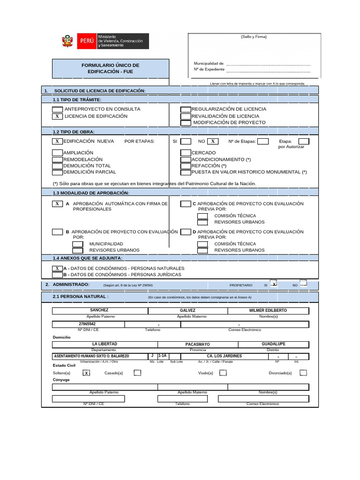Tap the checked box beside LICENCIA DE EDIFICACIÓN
point(57,116)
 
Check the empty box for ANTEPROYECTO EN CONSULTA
point(57,109)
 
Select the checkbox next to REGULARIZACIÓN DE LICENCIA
point(186,109)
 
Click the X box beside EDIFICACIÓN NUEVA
point(57,141)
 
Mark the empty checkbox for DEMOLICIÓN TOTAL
point(57,165)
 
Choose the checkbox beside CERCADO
point(186,153)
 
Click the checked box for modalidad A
point(57,204)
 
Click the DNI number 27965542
point(87,324)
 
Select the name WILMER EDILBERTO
point(268,310)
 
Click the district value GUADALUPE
point(273,344)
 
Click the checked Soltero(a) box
point(86,373)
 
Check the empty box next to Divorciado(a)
point(303,373)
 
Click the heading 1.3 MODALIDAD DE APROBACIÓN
point(91,193)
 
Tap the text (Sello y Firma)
point(254,37)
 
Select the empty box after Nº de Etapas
point(263,141)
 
